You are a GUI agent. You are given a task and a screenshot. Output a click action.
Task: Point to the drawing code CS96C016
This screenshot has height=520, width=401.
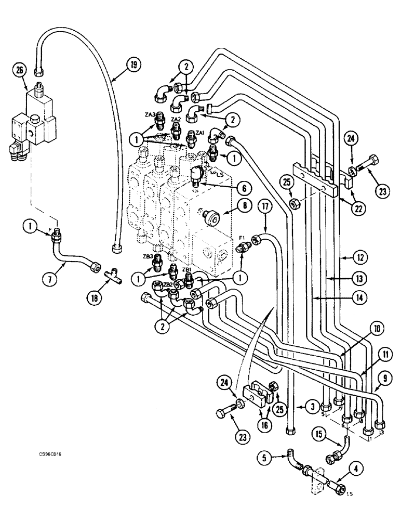point(54,454)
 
